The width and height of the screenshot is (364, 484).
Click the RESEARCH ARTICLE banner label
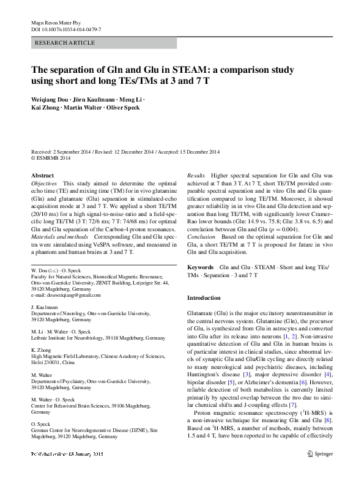66,43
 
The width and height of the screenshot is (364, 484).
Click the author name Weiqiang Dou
51,99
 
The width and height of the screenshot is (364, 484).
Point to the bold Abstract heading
42,176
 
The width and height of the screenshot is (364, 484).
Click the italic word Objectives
44,183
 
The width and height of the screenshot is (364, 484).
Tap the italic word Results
196,176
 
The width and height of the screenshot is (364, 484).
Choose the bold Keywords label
200,267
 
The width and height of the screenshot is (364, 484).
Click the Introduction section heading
204,297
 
